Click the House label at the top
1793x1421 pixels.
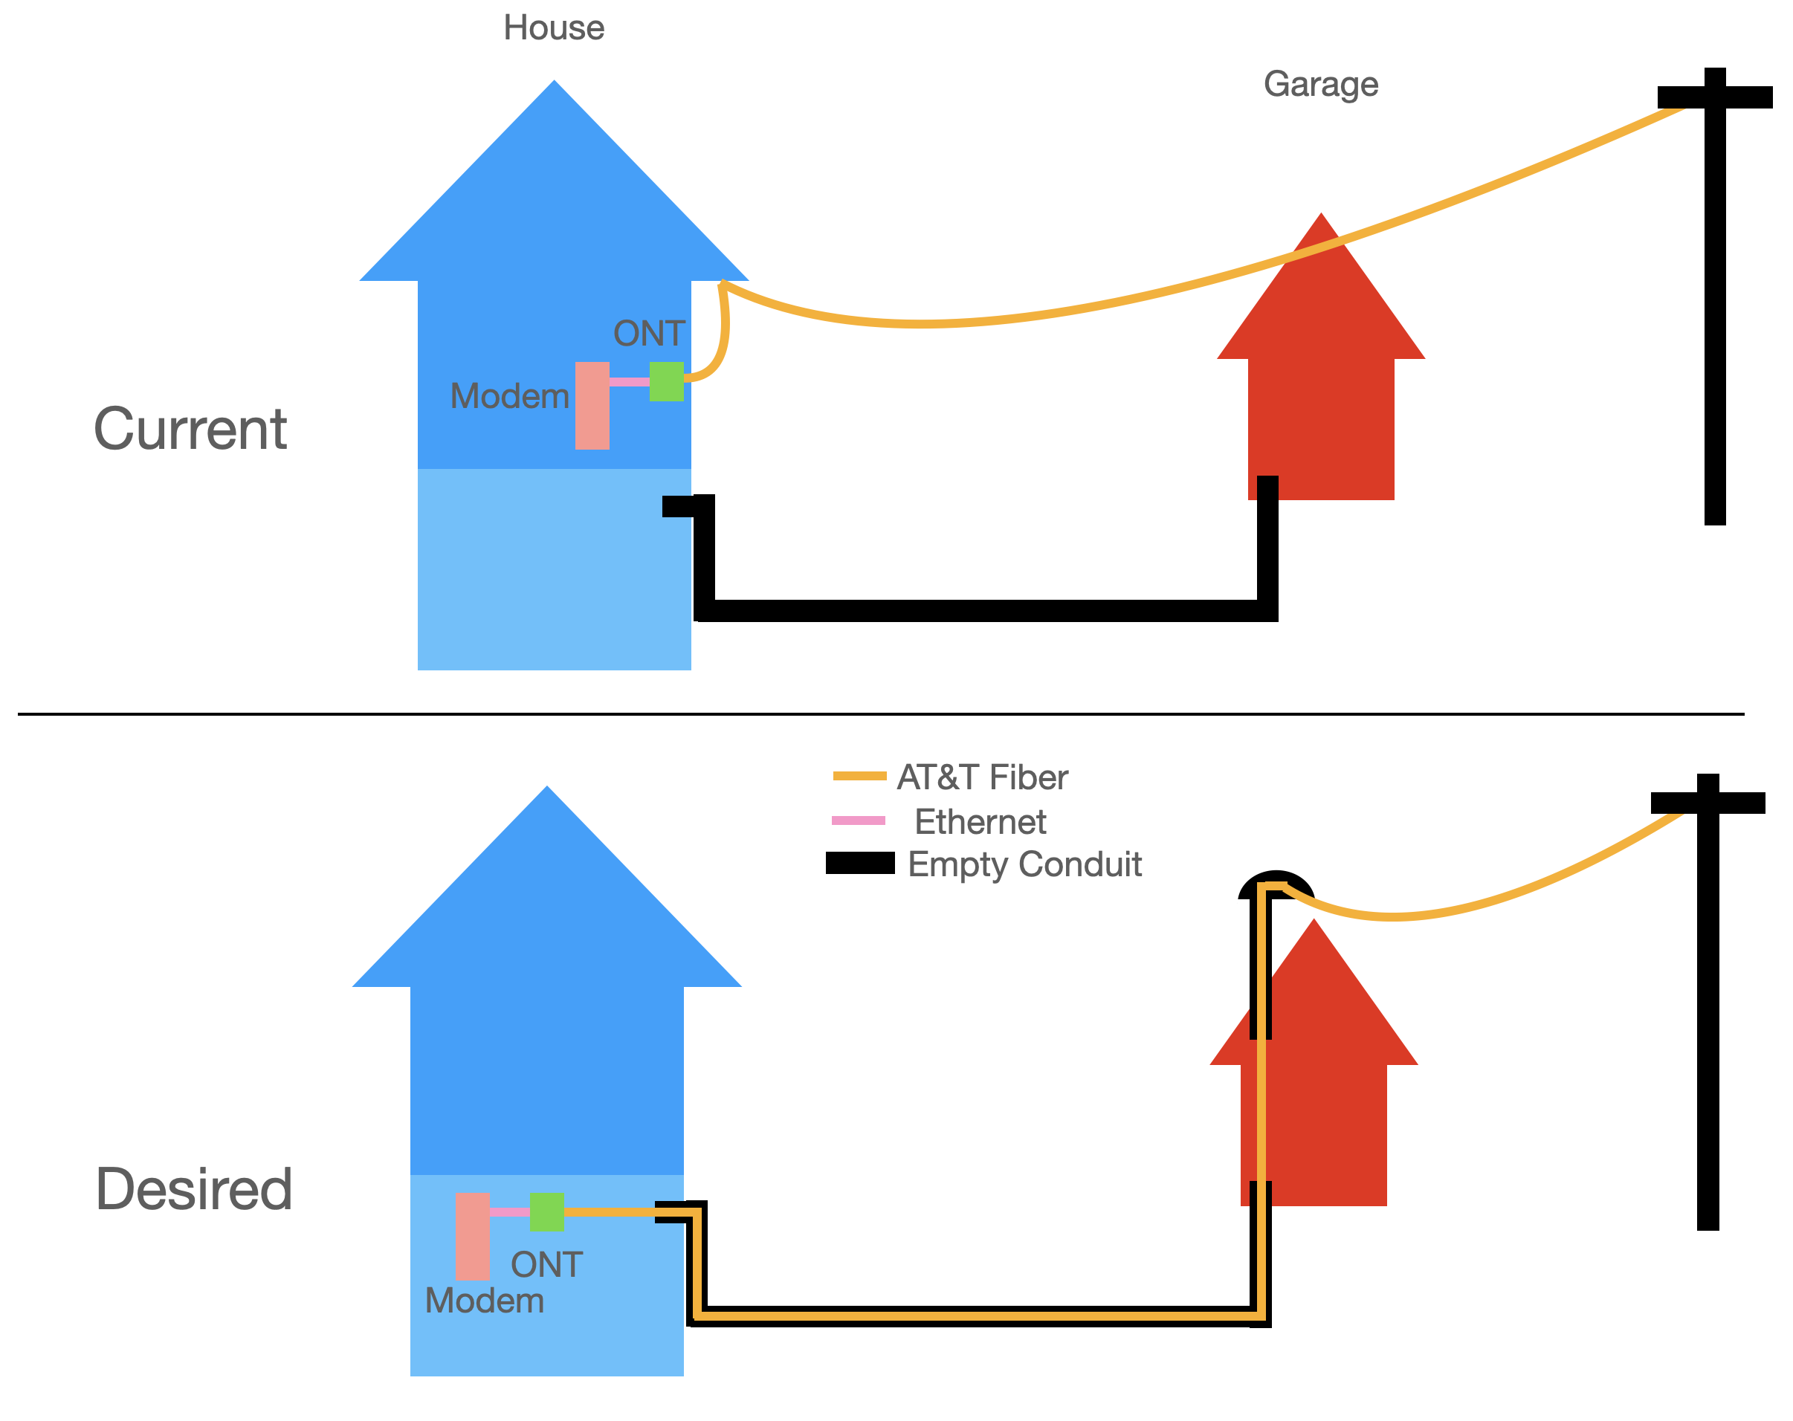click(x=554, y=28)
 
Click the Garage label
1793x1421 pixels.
click(x=1321, y=85)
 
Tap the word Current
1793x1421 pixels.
click(x=190, y=430)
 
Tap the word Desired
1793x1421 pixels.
click(x=194, y=1190)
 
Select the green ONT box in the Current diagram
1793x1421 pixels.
click(x=666, y=382)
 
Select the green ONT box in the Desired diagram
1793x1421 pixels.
click(x=546, y=1212)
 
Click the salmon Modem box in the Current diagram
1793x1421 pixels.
click(x=592, y=406)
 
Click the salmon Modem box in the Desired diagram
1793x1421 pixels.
click(x=472, y=1237)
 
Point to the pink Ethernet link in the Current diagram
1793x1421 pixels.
click(x=630, y=382)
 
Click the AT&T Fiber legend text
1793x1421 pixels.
click(x=982, y=778)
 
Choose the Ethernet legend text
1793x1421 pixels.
click(x=980, y=822)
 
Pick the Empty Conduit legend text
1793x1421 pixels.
click(x=1024, y=865)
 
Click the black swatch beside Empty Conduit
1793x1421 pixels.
click(x=860, y=863)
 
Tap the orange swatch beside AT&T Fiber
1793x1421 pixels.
click(x=859, y=776)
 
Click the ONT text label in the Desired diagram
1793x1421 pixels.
click(x=546, y=1266)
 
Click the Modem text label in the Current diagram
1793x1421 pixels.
click(x=510, y=397)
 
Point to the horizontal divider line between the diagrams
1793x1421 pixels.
click(x=882, y=714)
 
